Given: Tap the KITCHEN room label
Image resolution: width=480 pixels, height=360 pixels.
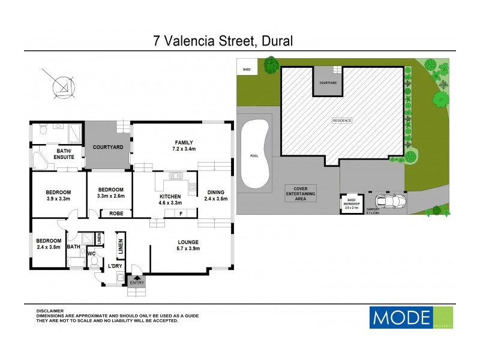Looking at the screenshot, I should [x=170, y=197].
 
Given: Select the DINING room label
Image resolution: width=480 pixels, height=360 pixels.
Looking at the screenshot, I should [x=215, y=193].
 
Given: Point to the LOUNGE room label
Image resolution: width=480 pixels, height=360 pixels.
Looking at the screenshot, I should [x=188, y=242].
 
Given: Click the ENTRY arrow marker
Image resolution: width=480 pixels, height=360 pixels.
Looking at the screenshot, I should [x=136, y=280].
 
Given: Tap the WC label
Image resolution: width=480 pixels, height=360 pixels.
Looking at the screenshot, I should [x=92, y=253].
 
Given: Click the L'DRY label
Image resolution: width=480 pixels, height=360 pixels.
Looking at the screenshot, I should [x=115, y=266].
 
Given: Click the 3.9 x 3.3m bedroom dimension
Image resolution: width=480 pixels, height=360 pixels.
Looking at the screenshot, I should [x=58, y=199].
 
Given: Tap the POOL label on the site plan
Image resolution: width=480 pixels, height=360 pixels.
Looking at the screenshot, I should [x=253, y=155].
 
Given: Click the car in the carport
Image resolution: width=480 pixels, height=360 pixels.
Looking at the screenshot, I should [x=388, y=202].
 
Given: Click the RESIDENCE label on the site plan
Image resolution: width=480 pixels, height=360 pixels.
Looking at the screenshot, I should [x=342, y=121].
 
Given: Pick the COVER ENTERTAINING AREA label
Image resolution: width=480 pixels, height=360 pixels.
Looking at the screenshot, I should [x=301, y=193].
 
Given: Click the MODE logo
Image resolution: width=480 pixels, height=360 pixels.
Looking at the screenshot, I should [x=401, y=316].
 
